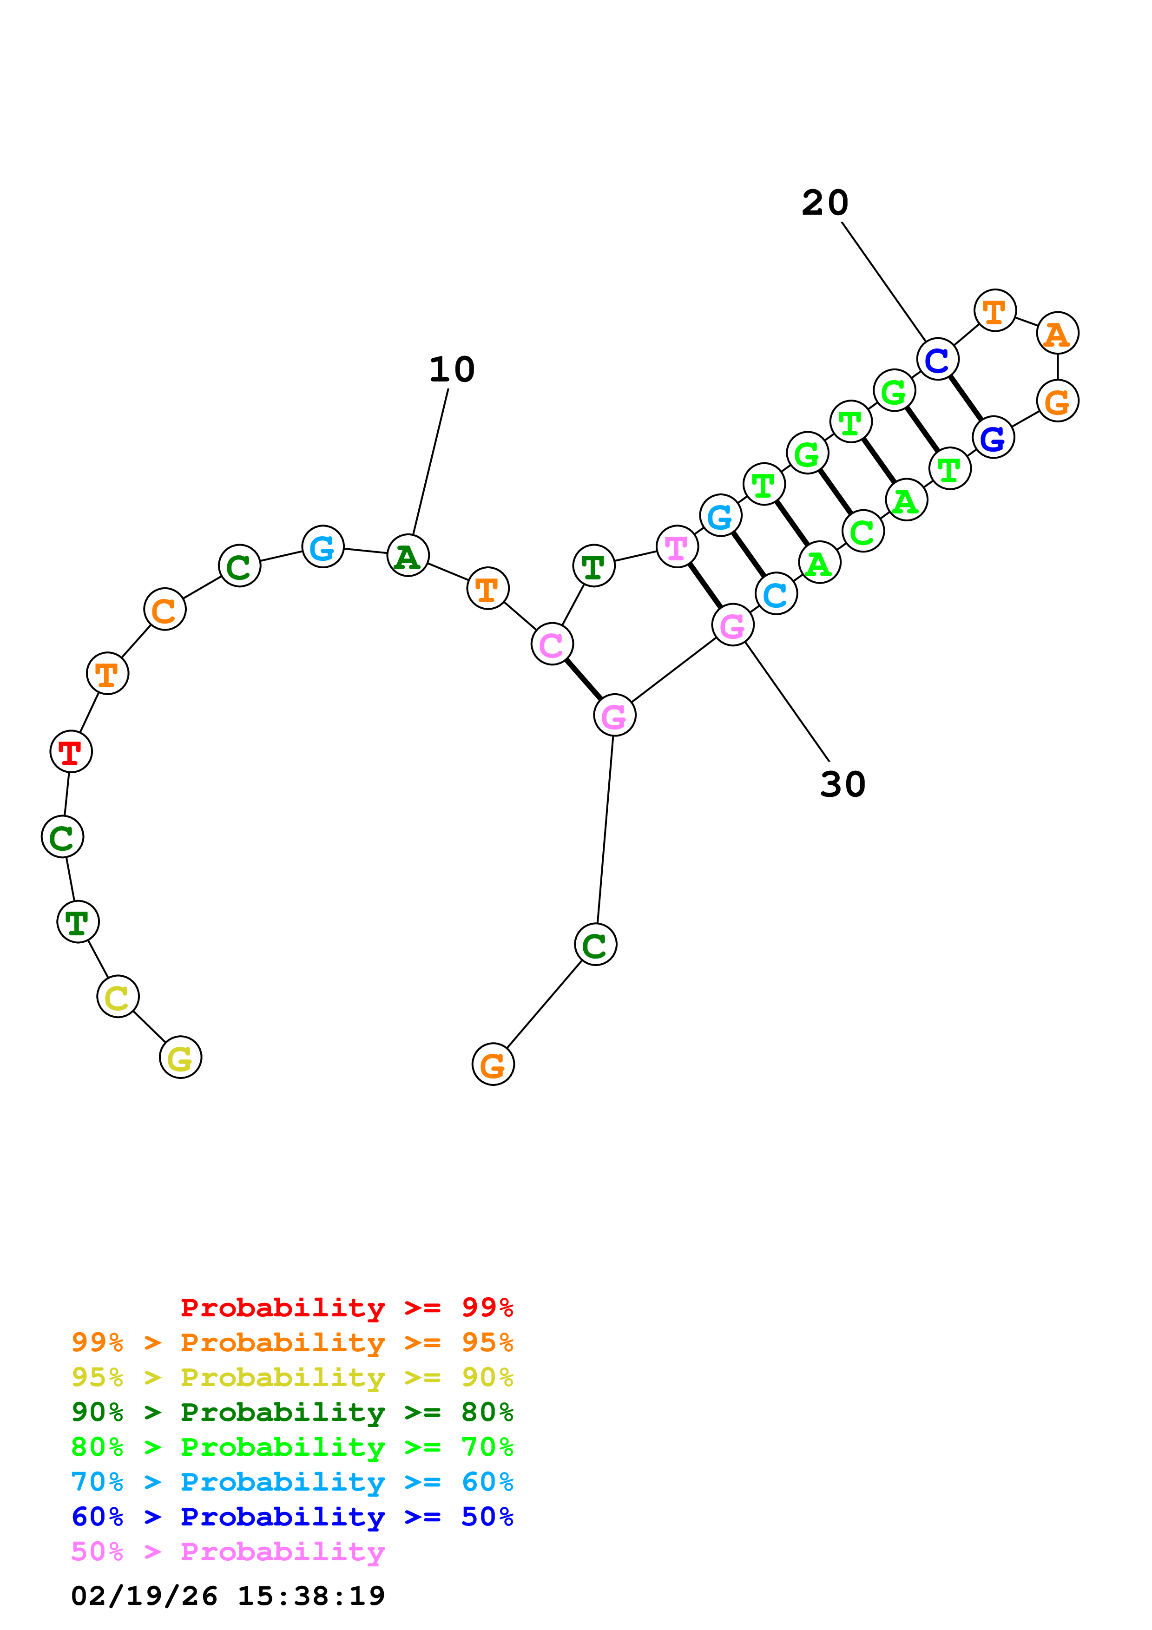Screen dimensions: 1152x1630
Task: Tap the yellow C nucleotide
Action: (x=118, y=997)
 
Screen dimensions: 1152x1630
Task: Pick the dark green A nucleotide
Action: (x=408, y=555)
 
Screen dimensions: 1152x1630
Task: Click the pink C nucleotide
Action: (x=552, y=644)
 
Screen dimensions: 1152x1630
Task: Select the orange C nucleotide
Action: (x=165, y=609)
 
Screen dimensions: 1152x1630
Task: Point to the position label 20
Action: (x=825, y=203)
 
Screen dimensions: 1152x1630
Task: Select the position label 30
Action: (x=843, y=784)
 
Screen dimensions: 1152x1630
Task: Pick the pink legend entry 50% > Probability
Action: (x=228, y=1552)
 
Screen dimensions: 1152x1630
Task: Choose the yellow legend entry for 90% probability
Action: (x=292, y=1377)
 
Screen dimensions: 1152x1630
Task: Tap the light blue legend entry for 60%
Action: (x=292, y=1482)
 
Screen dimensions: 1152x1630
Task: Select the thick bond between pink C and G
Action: (x=583, y=679)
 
